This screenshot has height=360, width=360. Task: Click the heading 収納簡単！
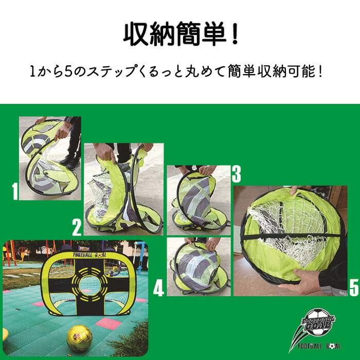[181, 34]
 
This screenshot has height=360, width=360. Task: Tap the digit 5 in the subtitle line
[68, 71]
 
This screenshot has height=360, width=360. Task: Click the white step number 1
[15, 191]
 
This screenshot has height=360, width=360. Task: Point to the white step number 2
[77, 227]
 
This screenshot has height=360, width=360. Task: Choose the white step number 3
[236, 174]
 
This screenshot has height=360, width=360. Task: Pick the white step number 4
[158, 287]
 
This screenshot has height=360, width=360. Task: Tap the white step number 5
[354, 287]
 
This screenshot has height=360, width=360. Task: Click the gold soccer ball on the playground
[79, 339]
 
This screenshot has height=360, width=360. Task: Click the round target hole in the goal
[90, 285]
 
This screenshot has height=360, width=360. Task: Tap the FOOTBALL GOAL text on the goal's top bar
[89, 255]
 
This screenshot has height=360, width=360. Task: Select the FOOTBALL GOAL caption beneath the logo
[319, 346]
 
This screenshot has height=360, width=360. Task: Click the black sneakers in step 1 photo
[69, 162]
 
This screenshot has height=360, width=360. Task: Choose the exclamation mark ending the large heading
[234, 34]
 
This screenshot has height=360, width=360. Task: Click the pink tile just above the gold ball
[109, 323]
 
